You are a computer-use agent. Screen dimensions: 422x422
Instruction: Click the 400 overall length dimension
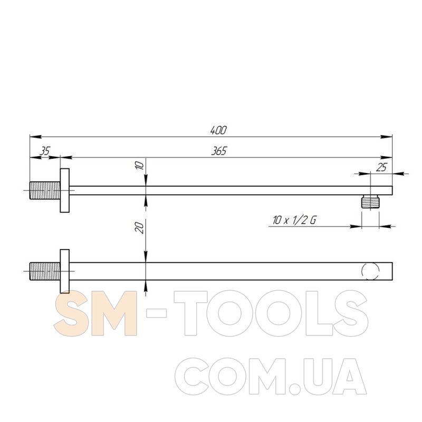(218, 130)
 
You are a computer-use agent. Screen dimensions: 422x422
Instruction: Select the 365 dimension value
(219, 151)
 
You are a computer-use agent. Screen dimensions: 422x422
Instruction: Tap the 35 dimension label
(45, 151)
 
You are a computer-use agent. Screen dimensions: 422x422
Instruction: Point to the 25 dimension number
(381, 167)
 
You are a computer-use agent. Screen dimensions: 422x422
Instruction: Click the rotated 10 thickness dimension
(140, 165)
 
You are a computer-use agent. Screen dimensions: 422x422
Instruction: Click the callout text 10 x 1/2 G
(294, 220)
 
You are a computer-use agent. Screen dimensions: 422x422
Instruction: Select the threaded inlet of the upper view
(45, 190)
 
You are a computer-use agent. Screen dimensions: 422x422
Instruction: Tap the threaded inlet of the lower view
(45, 271)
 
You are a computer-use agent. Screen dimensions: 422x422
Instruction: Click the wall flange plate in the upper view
(64, 190)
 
